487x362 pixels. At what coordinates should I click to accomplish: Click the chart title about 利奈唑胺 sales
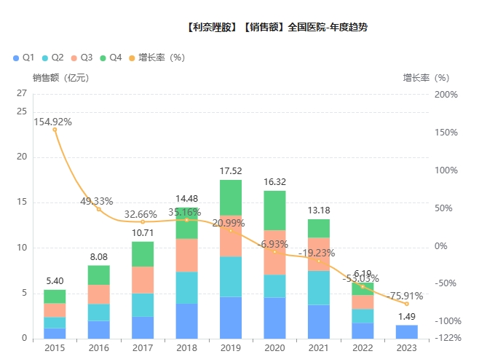(277, 28)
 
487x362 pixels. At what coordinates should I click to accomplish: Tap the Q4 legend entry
(111, 57)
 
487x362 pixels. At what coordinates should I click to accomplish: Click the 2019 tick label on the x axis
(231, 348)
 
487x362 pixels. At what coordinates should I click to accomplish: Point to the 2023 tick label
(407, 348)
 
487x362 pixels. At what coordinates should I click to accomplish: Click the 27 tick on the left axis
(22, 93)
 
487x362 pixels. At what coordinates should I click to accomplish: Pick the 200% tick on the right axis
(444, 95)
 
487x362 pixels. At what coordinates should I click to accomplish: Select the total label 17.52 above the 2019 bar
(231, 171)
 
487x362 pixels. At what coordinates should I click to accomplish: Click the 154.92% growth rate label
(52, 122)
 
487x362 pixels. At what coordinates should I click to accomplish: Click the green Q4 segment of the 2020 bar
(274, 210)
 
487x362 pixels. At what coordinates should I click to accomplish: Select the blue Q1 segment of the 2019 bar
(231, 318)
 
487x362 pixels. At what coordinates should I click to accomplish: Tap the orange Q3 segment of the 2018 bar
(186, 255)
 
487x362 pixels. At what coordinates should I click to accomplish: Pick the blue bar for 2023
(407, 331)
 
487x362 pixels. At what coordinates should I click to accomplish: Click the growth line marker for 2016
(99, 209)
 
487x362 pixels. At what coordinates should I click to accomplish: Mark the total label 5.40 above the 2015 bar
(55, 281)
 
